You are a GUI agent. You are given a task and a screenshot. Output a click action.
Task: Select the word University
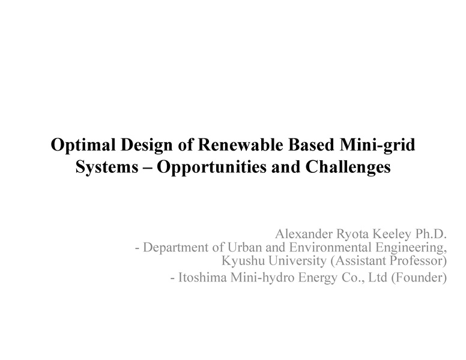tap(291, 261)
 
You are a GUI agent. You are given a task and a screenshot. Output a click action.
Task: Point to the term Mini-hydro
tap(259, 278)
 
